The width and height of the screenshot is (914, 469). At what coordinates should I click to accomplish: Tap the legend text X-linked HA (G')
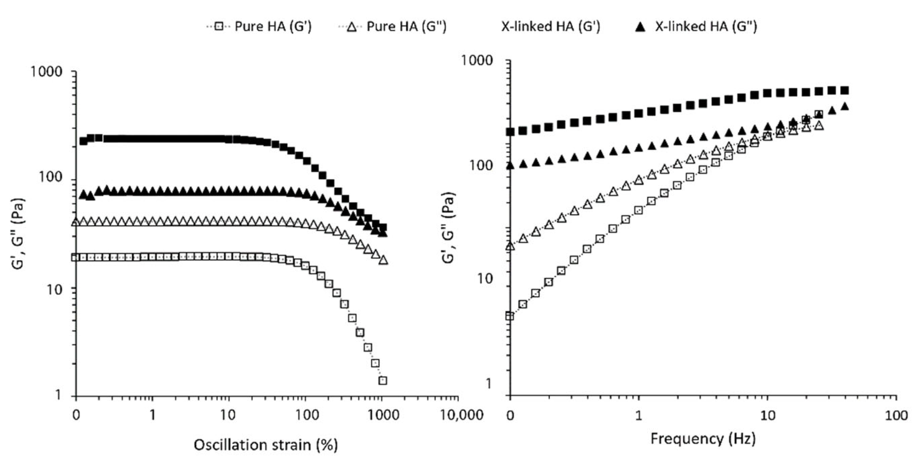click(x=550, y=27)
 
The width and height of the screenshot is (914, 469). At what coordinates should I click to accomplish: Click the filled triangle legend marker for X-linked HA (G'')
click(x=640, y=27)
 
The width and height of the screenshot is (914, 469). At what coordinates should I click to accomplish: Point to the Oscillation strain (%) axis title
click(x=266, y=445)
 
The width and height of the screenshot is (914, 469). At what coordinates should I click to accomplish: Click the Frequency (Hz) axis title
click(x=703, y=438)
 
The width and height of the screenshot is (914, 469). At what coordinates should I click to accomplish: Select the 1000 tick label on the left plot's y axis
click(x=46, y=72)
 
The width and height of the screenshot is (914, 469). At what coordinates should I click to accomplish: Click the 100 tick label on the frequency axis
click(x=896, y=416)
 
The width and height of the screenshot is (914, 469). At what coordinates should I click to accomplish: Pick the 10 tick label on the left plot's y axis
click(x=55, y=289)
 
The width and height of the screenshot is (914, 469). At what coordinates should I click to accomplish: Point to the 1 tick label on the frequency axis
click(x=639, y=416)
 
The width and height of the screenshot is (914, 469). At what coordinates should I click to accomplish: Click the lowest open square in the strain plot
click(x=383, y=380)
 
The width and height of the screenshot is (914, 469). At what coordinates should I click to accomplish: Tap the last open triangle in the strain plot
click(x=383, y=260)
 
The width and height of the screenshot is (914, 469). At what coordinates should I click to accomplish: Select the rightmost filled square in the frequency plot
click(x=845, y=90)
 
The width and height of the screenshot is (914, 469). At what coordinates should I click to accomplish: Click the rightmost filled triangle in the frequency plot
click(x=845, y=106)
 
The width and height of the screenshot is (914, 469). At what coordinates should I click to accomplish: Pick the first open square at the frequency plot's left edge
click(x=510, y=316)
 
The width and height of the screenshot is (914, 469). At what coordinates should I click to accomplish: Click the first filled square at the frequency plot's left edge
click(x=510, y=132)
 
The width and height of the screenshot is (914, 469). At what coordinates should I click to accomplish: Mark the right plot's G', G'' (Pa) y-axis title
click(x=448, y=228)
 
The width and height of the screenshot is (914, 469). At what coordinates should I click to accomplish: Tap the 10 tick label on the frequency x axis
click(x=767, y=416)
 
